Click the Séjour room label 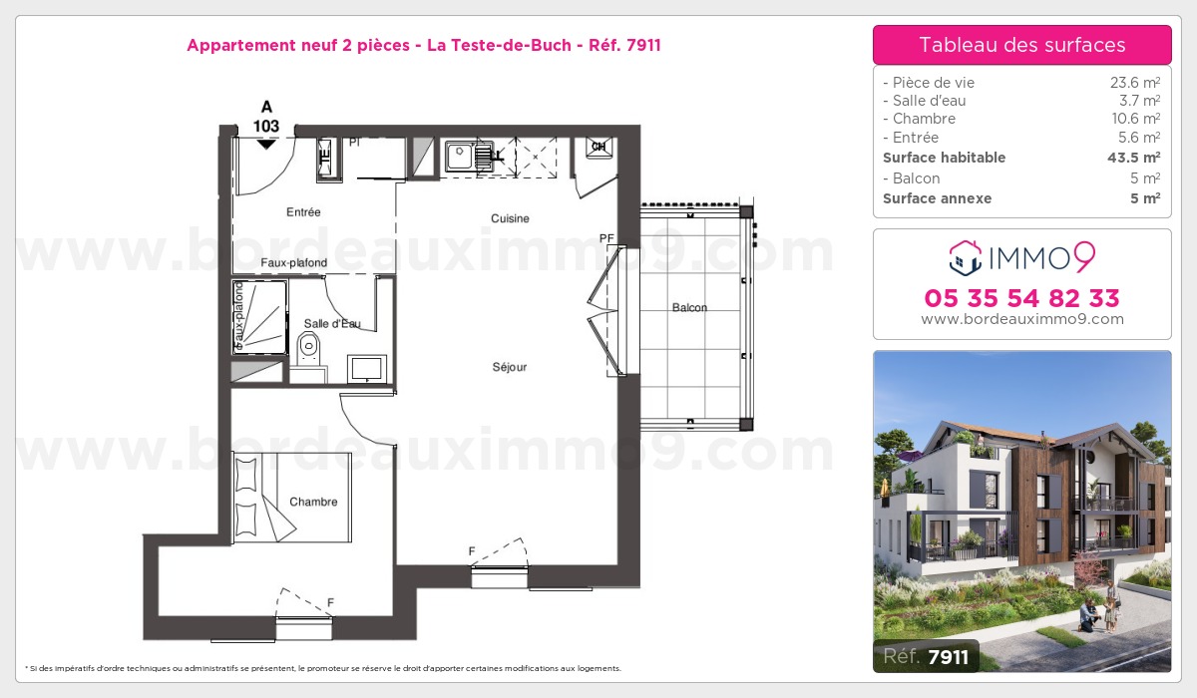[x=510, y=367]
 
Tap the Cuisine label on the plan [x=510, y=218]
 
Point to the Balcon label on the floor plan [x=689, y=307]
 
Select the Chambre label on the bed [x=313, y=502]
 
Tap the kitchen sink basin [x=459, y=156]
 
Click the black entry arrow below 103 [x=266, y=145]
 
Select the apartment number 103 [x=266, y=126]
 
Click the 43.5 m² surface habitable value [x=1133, y=158]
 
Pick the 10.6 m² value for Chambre [x=1135, y=119]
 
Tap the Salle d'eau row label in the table [x=929, y=101]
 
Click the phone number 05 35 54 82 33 [x=1021, y=298]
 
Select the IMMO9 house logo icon [x=966, y=258]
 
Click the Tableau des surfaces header [x=1022, y=45]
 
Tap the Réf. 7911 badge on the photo [x=926, y=656]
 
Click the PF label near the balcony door [x=606, y=238]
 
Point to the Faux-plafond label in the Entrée [x=294, y=263]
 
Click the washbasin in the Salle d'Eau [x=367, y=369]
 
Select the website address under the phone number [x=1022, y=319]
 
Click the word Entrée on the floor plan [x=303, y=212]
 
